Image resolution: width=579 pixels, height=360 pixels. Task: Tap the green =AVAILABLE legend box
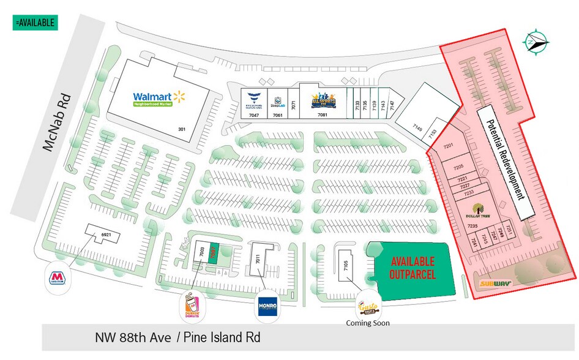click(x=34, y=23)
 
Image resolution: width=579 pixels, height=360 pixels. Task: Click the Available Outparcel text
click(x=413, y=268)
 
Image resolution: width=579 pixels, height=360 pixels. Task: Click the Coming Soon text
click(x=367, y=323)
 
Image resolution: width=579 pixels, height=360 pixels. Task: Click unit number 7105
click(x=346, y=266)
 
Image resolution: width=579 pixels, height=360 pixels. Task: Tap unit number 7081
click(x=323, y=114)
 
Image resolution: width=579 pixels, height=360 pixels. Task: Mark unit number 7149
click(x=417, y=129)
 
